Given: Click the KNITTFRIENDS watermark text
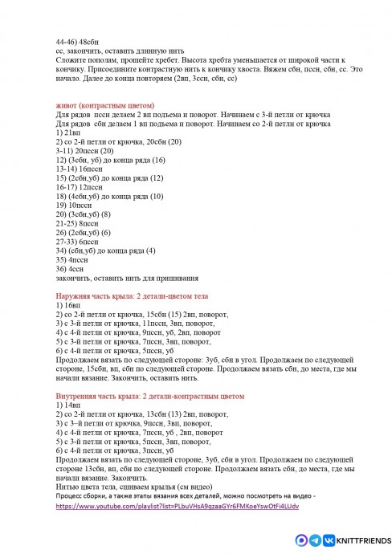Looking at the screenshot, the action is tap(362, 540).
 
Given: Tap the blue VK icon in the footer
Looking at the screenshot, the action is tap(316, 540).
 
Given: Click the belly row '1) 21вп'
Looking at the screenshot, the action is tap(69, 133).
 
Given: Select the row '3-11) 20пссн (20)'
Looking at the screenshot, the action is tap(85, 150).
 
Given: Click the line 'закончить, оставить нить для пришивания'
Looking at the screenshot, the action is tap(128, 278).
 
